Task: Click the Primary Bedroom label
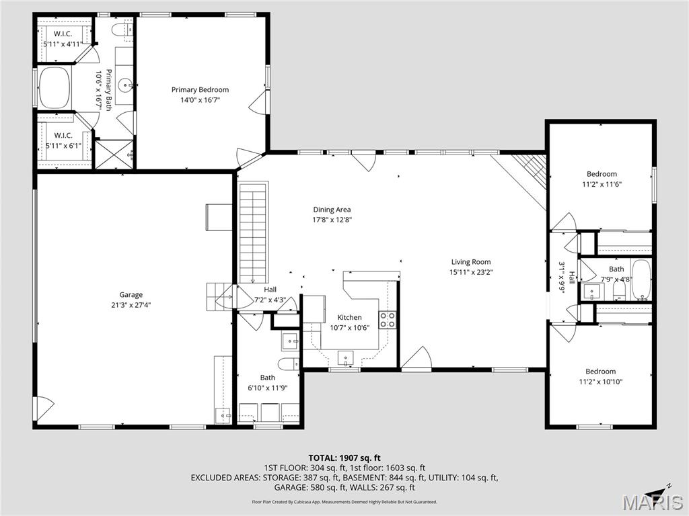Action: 200,89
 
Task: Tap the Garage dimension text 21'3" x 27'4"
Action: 131,305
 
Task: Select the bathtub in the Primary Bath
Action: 55,88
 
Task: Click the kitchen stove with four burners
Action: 387,319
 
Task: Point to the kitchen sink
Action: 345,357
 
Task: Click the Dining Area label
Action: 332,210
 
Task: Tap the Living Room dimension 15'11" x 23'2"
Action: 471,272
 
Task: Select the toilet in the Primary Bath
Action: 120,30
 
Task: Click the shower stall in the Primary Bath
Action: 114,154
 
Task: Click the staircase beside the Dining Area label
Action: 253,233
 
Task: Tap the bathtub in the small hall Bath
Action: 641,279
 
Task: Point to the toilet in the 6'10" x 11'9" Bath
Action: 288,364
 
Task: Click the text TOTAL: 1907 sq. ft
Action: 344,458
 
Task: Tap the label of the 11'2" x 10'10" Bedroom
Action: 601,371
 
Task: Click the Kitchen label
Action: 350,317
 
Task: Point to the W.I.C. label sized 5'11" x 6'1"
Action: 63,135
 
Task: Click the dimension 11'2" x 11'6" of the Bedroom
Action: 602,184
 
